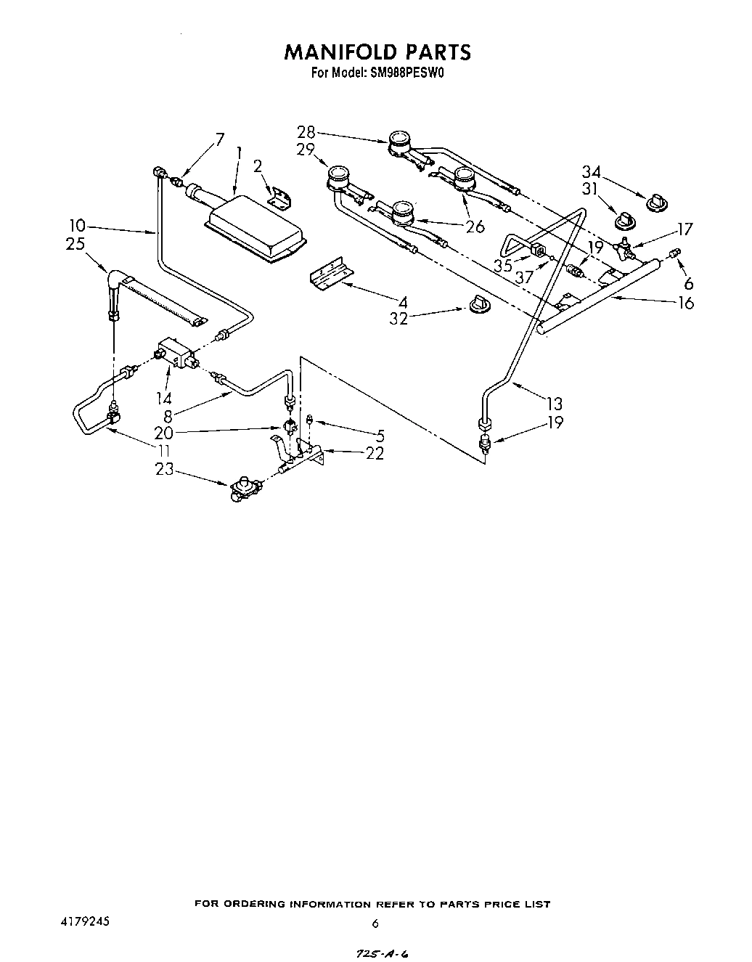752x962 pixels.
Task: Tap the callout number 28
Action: [306, 132]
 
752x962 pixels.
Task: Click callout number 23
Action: [165, 470]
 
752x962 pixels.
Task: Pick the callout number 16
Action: [684, 303]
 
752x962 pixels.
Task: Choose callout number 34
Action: [592, 172]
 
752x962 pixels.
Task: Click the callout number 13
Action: [555, 404]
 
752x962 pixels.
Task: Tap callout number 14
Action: [163, 398]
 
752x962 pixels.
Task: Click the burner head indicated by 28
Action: [399, 140]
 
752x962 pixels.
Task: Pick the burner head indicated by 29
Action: [338, 176]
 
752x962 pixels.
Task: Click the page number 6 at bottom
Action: [375, 924]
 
